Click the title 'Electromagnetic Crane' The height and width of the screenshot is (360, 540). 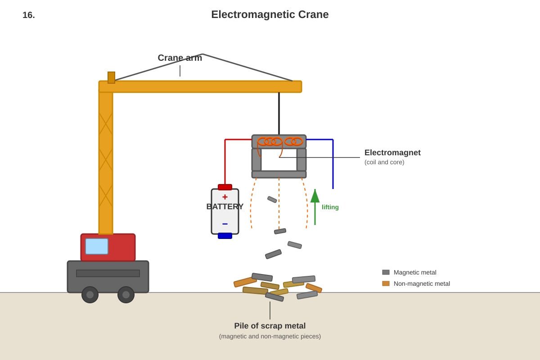(270, 14)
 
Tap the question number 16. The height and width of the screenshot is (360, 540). (29, 15)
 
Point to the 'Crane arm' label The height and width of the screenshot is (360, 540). (180, 58)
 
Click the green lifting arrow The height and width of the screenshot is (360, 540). (315, 207)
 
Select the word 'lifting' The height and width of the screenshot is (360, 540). (330, 207)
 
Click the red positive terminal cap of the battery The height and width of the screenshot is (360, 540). (225, 187)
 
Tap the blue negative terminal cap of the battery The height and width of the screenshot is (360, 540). (225, 236)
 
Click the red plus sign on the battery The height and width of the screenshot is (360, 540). (225, 197)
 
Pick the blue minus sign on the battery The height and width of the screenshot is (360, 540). (225, 224)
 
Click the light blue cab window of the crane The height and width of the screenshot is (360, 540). (97, 246)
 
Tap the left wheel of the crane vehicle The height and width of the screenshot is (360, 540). (90, 295)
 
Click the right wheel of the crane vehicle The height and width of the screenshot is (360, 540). (126, 295)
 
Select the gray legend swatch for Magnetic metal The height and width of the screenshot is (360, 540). (386, 272)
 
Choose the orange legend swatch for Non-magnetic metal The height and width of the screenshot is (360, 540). (386, 283)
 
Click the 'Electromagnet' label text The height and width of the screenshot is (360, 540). (392, 153)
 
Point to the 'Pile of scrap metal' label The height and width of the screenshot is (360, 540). (270, 326)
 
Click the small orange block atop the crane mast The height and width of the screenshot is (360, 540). (112, 78)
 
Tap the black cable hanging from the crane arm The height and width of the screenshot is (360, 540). (279, 113)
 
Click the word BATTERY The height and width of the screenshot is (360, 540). (225, 207)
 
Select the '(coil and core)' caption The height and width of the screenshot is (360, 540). (384, 162)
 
